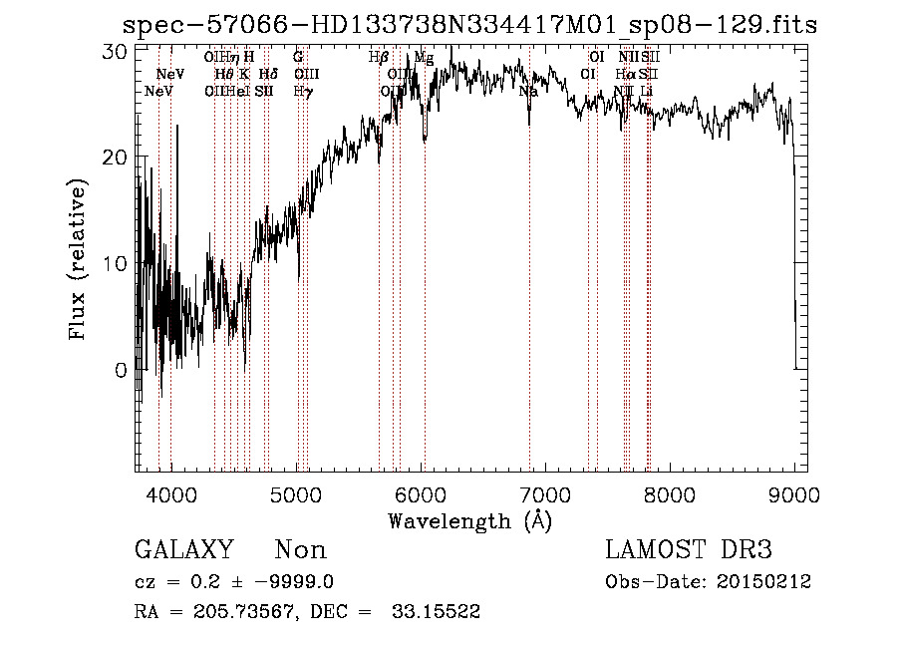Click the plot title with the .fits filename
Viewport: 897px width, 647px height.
[468, 25]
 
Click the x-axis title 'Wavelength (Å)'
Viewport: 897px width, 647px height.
[469, 520]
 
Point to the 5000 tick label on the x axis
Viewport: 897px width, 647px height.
[296, 493]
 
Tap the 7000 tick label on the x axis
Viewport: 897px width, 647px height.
[545, 493]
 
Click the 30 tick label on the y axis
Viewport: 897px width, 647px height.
[115, 52]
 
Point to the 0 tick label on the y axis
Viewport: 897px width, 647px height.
[121, 370]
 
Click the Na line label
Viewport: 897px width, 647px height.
[528, 91]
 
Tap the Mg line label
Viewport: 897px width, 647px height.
[424, 58]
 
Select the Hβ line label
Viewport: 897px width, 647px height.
[378, 58]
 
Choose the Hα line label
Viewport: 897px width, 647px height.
[625, 74]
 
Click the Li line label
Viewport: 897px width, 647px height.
[647, 91]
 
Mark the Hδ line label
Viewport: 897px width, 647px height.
[267, 74]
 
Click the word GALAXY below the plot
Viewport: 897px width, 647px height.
[184, 550]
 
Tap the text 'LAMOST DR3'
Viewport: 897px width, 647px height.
[689, 550]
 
